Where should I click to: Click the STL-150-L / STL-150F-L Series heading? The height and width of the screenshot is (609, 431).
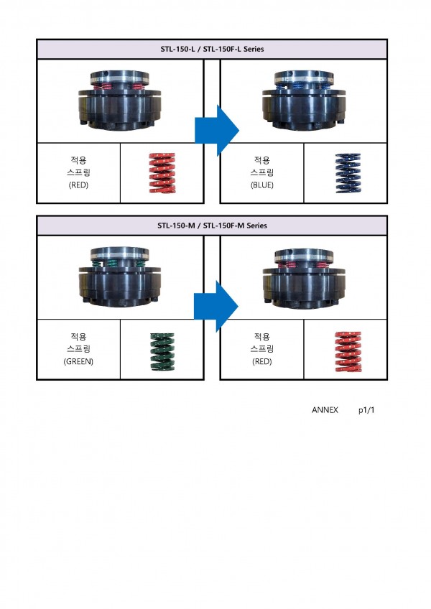click(x=212, y=50)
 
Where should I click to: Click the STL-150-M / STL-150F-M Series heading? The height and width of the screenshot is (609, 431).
click(x=212, y=226)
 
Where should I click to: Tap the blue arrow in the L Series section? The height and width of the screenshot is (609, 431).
click(x=216, y=130)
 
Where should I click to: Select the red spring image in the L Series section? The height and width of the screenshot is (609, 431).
click(x=162, y=173)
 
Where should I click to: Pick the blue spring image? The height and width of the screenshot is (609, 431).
click(x=346, y=173)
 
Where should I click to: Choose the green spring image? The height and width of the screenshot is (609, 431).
click(x=162, y=350)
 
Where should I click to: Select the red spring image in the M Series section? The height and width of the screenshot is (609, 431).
click(x=346, y=350)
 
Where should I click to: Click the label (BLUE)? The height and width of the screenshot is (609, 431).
click(x=262, y=185)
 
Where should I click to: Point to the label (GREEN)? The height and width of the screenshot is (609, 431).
click(x=78, y=361)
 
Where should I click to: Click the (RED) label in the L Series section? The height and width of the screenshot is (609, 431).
click(x=78, y=185)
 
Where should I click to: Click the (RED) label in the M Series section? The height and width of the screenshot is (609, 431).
click(x=262, y=361)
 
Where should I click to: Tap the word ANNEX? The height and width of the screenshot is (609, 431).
click(x=325, y=410)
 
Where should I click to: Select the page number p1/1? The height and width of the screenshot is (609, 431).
click(x=366, y=410)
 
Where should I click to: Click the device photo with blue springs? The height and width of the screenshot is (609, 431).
click(x=302, y=101)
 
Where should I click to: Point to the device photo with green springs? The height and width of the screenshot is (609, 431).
click(x=119, y=276)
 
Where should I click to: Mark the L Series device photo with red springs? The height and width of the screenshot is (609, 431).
click(x=119, y=101)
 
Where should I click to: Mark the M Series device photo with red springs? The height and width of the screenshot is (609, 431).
click(x=302, y=276)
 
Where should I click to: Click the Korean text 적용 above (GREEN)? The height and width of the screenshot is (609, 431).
click(x=78, y=336)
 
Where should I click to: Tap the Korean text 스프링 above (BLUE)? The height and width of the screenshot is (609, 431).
click(x=262, y=173)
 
